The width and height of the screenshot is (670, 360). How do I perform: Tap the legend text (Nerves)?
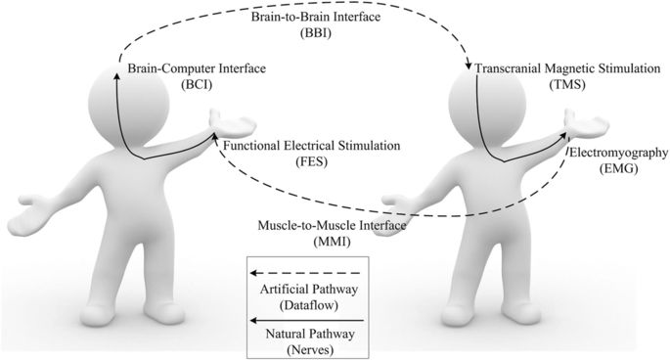coord(306,349)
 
